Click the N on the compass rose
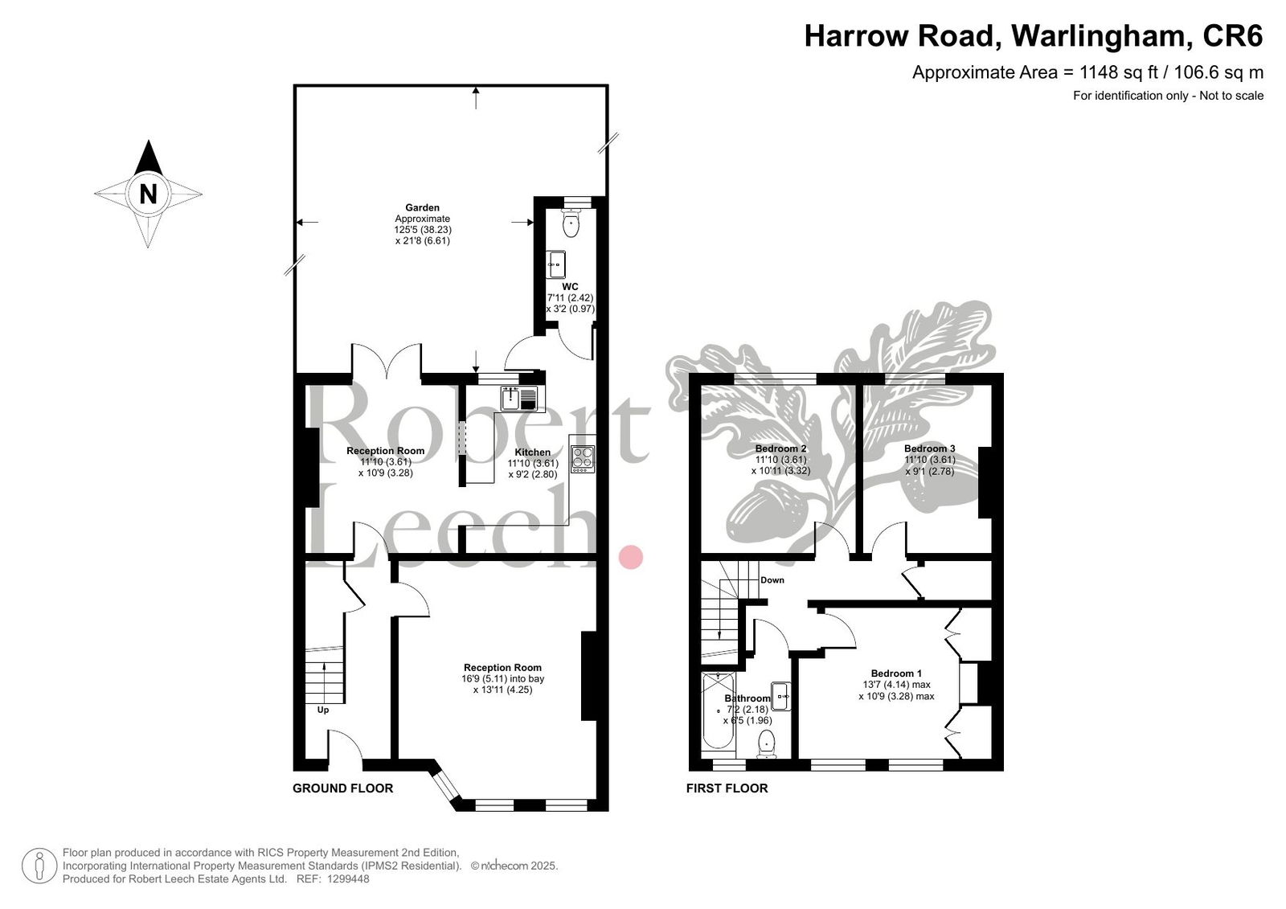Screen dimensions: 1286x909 click(148, 194)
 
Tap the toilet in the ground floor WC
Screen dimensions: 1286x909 click(571, 223)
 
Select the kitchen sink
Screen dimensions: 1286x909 click(519, 399)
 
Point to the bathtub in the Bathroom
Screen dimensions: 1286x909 click(719, 712)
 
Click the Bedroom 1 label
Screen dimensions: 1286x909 click(896, 674)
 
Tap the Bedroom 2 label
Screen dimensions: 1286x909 click(780, 448)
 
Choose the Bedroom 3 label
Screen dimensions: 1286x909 click(929, 448)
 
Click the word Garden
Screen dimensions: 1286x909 click(423, 208)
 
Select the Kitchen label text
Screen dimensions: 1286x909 click(532, 452)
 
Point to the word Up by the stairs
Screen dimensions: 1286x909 click(323, 710)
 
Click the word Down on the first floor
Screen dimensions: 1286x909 click(772, 580)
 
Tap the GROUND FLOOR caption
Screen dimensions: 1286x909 click(342, 788)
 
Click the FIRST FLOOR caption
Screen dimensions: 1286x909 click(727, 788)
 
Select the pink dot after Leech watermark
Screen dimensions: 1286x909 click(630, 557)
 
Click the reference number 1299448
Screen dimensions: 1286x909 click(348, 879)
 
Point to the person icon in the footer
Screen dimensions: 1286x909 click(39, 866)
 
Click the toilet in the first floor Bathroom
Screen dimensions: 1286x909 click(767, 743)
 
